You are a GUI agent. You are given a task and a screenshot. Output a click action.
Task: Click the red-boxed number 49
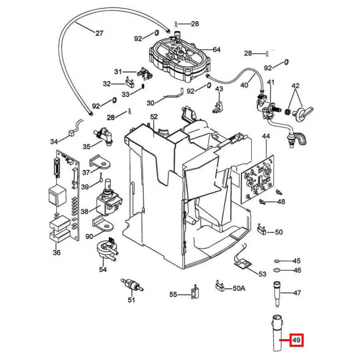[296, 339]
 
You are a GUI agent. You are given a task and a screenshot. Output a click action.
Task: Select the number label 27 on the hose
[99, 32]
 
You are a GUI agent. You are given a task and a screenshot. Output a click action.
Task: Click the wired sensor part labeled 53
[243, 264]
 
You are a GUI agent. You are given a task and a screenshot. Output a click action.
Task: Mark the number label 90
[89, 236]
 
